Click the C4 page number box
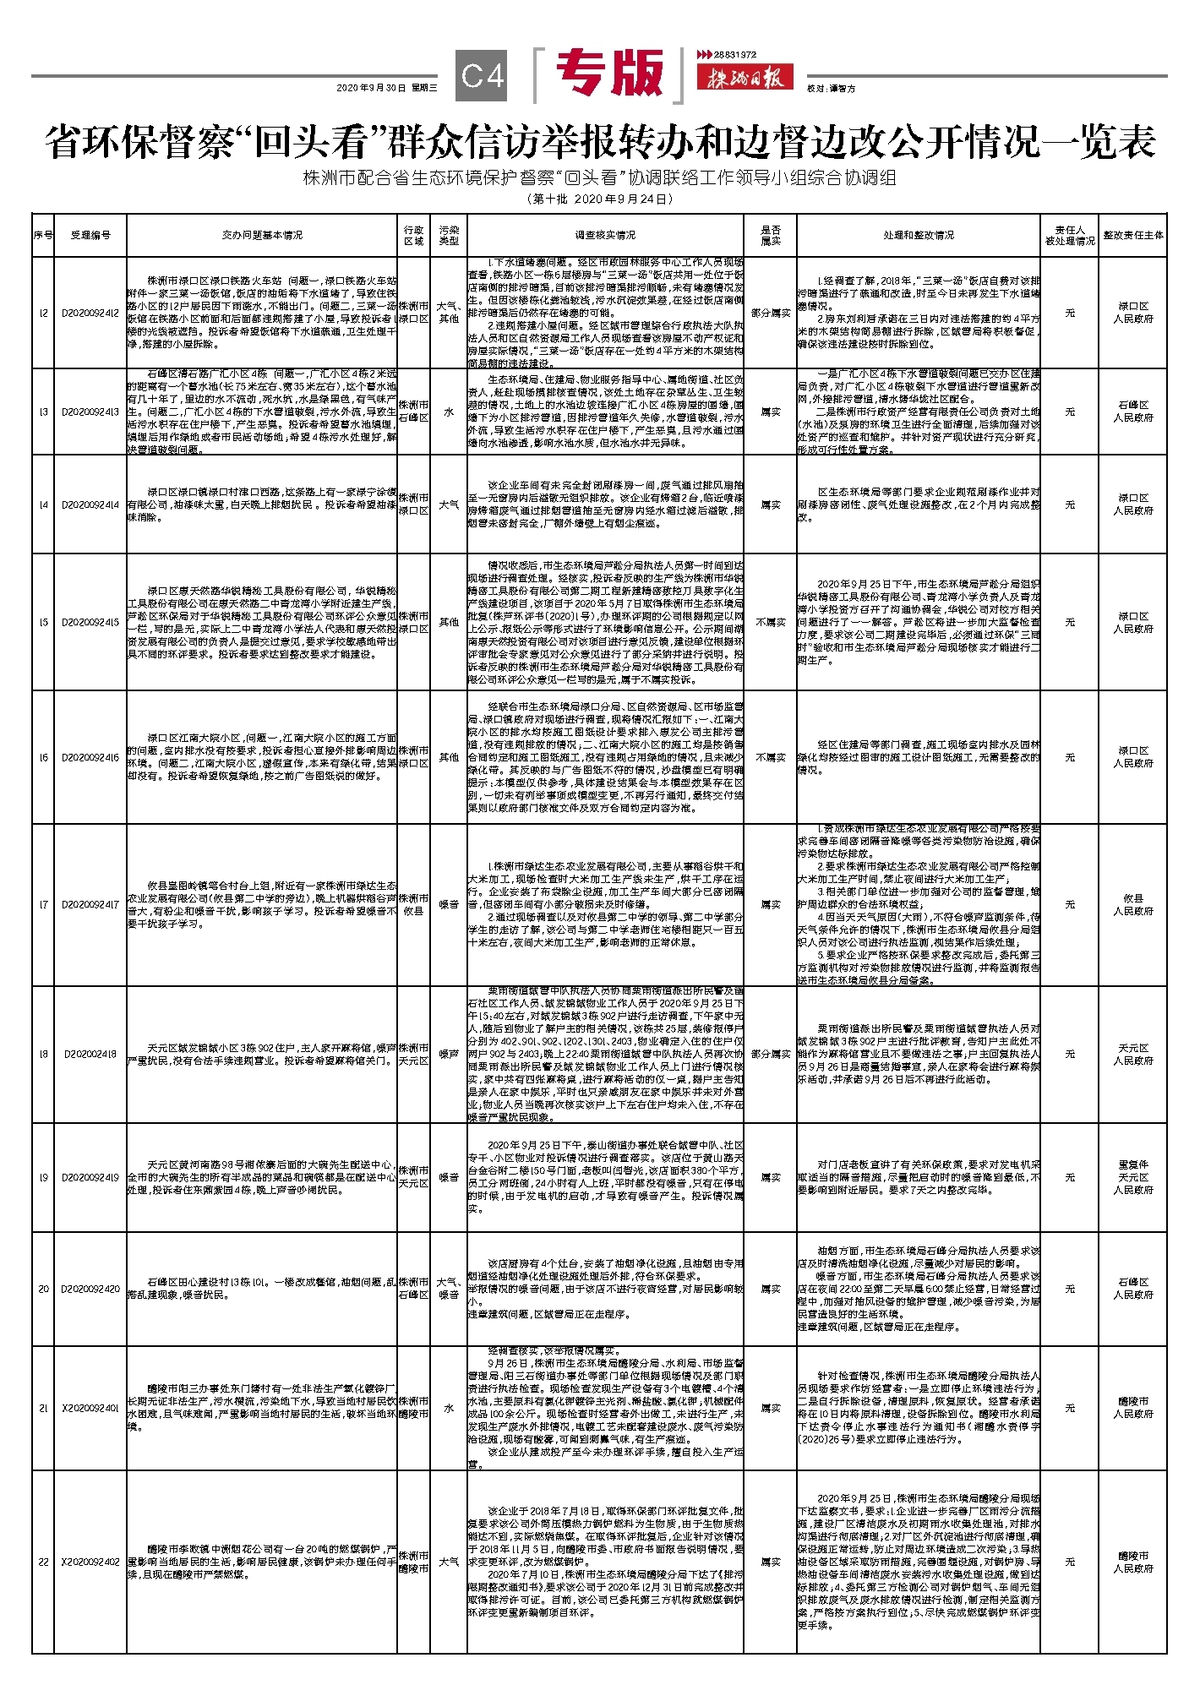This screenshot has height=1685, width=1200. [x=483, y=76]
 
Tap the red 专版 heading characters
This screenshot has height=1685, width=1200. [x=610, y=74]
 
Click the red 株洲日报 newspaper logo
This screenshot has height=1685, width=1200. [x=745, y=79]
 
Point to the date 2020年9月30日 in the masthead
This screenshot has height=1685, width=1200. [x=371, y=88]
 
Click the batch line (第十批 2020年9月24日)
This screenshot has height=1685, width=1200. [x=599, y=199]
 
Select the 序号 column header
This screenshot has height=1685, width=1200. [x=43, y=235]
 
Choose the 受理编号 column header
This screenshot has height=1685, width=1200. [x=90, y=235]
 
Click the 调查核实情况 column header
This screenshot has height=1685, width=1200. [x=605, y=235]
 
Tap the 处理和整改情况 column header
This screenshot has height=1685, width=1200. [x=919, y=235]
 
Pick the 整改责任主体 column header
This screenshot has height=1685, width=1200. [x=1132, y=235]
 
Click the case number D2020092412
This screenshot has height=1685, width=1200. [x=90, y=313]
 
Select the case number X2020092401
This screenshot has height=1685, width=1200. [x=90, y=1408]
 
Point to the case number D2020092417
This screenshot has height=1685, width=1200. [x=90, y=904]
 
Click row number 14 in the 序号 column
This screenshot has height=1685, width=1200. [x=43, y=504]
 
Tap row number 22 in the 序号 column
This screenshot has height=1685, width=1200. [x=43, y=1562]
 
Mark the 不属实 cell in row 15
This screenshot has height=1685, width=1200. [x=770, y=622]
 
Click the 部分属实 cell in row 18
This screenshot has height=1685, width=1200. [x=770, y=1054]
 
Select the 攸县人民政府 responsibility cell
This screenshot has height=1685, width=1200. [x=1132, y=904]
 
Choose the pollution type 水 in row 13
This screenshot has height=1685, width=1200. [x=449, y=412]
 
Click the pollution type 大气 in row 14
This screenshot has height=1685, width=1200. [x=449, y=504]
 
